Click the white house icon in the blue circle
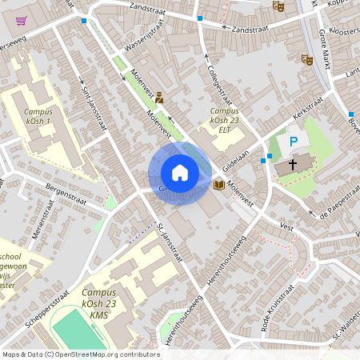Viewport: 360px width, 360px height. tap(180, 173)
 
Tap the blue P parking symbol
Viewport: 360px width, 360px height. tap(294, 142)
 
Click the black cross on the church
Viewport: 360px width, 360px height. tap(292, 165)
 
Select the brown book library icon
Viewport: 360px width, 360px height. tap(218, 185)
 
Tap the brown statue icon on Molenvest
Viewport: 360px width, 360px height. tap(159, 98)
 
